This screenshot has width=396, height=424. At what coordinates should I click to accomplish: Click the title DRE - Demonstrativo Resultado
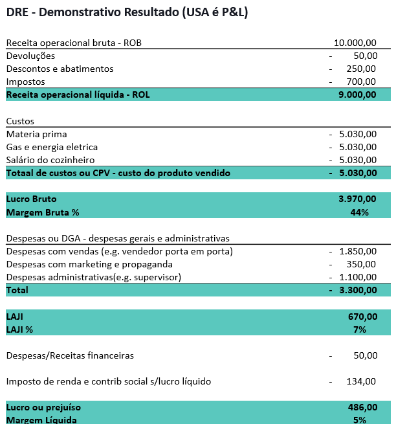[x=127, y=12]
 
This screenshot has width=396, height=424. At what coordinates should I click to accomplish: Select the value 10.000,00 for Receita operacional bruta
[x=355, y=43]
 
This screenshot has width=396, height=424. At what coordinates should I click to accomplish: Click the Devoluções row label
[x=30, y=56]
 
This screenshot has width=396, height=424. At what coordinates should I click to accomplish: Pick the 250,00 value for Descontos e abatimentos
[x=361, y=69]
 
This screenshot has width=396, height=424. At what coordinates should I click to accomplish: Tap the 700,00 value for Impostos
[x=361, y=82]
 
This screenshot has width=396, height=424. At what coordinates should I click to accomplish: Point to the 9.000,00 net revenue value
[x=357, y=95]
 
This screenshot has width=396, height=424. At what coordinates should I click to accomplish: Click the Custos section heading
[x=20, y=121]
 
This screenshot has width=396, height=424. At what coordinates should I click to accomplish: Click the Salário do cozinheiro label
[x=50, y=160]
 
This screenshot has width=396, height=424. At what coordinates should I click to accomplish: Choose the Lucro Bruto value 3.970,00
[x=357, y=199]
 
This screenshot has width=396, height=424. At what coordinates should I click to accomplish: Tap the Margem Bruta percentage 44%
[x=360, y=212]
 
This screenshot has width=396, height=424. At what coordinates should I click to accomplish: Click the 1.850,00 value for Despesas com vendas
[x=357, y=251]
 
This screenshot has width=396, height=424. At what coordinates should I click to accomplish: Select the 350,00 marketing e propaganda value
[x=361, y=264]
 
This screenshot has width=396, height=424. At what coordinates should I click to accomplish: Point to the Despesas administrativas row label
[x=93, y=277]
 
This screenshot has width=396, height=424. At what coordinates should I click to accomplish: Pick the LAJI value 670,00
[x=362, y=317]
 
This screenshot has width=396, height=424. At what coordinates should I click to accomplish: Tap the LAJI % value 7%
[x=360, y=329]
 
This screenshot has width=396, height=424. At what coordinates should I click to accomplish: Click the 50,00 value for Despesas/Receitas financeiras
[x=365, y=355]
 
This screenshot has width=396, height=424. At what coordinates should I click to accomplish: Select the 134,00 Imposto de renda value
[x=361, y=381]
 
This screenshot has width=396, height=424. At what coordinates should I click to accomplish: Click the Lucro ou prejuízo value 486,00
[x=362, y=408]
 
